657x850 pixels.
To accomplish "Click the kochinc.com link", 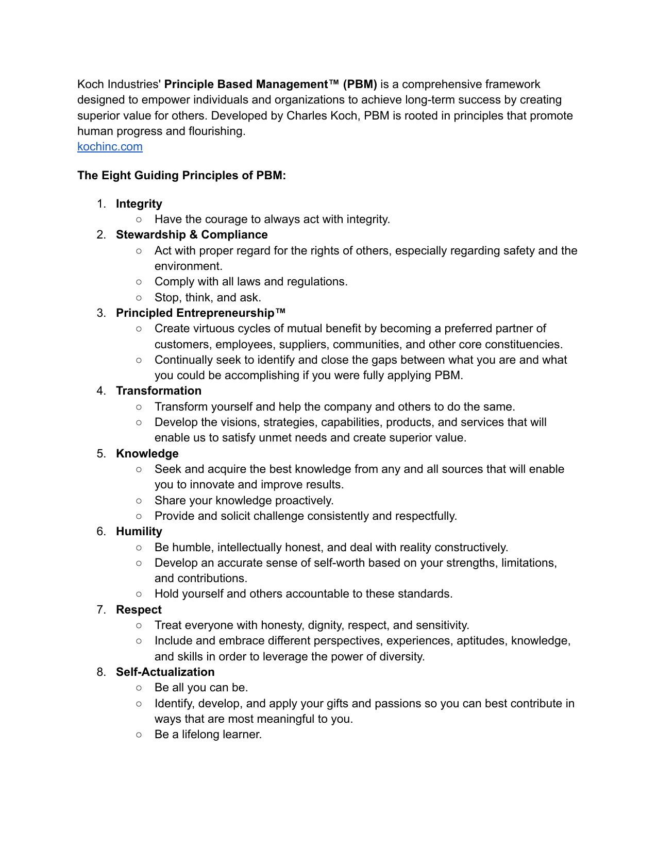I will tap(110, 147).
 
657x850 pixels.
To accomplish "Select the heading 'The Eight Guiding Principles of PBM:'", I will tap(181, 176).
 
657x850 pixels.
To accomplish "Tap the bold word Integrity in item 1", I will tap(139, 204).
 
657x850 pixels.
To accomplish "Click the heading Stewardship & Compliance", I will tap(192, 235).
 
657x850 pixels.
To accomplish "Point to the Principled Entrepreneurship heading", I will tap(200, 313).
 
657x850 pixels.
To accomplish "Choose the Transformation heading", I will tap(159, 391).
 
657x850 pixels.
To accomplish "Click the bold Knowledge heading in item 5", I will tap(147, 454).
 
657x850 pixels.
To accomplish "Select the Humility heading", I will tap(139, 532).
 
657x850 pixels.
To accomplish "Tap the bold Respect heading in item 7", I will tap(139, 610).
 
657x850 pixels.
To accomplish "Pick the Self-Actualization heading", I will tap(165, 672).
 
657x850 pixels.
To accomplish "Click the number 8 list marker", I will tap(101, 672).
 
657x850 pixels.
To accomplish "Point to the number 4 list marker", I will tap(101, 391).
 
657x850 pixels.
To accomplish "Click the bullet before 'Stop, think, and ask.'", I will tap(139, 298).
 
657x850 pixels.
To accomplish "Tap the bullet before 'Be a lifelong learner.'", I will tap(139, 735).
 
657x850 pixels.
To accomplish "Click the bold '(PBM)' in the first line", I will tap(360, 84).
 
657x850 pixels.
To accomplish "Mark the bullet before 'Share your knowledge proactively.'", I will tap(139, 501).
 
